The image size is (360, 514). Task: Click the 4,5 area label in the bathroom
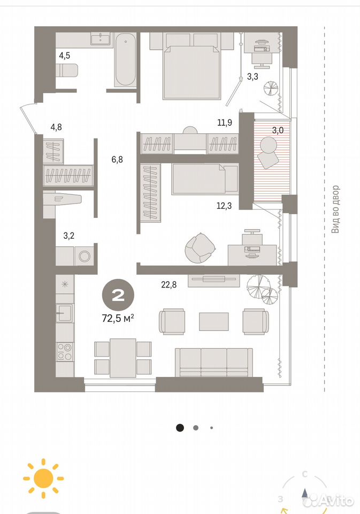click(x=65, y=55)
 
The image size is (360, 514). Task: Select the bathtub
click(x=125, y=59)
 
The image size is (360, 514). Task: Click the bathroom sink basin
click(x=101, y=39)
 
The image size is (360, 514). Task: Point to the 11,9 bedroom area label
click(x=225, y=123)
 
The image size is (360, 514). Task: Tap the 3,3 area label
click(x=252, y=77)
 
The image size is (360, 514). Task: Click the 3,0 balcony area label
click(x=278, y=130)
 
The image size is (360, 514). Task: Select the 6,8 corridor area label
click(x=117, y=160)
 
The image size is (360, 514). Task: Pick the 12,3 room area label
click(x=224, y=206)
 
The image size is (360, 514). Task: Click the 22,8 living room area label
click(x=168, y=284)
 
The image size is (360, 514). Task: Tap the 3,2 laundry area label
click(x=68, y=236)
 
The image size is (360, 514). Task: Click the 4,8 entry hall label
click(x=56, y=127)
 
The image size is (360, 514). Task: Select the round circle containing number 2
click(x=118, y=296)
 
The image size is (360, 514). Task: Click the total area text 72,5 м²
click(x=118, y=318)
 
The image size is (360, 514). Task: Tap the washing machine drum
click(x=85, y=256)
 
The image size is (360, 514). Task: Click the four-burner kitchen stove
click(x=65, y=351)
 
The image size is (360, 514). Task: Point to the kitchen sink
click(x=65, y=313)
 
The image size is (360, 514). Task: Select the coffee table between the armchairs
click(x=214, y=322)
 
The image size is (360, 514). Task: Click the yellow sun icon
click(x=43, y=479)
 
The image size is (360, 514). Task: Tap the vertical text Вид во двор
click(x=335, y=209)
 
